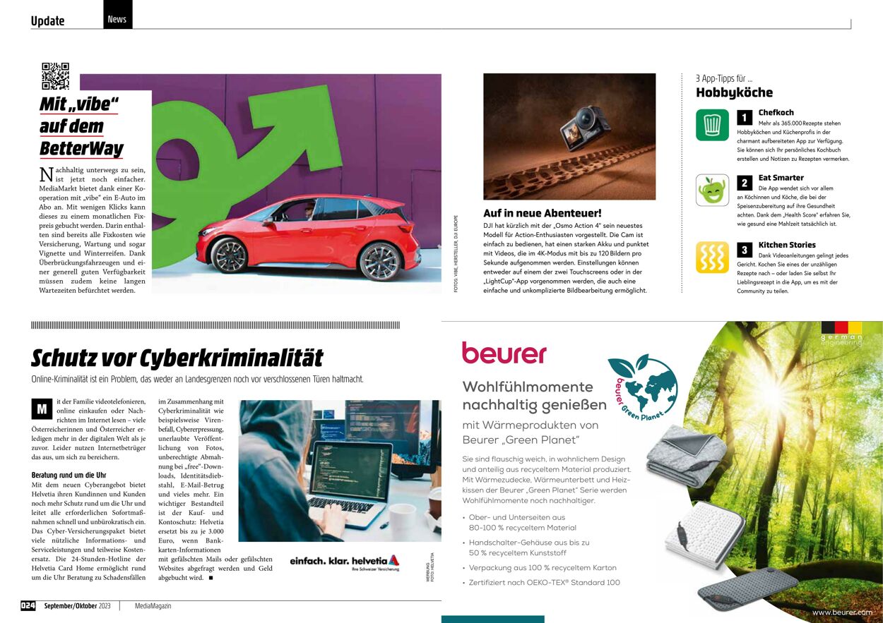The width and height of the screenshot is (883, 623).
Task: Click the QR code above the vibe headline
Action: click(x=55, y=75)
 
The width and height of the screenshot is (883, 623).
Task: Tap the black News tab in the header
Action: click(x=117, y=18)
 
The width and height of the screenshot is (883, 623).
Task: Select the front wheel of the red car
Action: click(x=230, y=255)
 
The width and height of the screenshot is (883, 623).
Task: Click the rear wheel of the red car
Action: click(x=379, y=262)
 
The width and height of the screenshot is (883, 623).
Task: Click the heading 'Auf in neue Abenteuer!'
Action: click(x=542, y=213)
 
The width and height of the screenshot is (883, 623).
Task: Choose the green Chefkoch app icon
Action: click(x=712, y=125)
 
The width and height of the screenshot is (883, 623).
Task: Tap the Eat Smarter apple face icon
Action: click(x=712, y=190)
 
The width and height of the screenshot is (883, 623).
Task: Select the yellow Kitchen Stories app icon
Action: click(x=712, y=257)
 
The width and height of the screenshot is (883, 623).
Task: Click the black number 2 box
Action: click(x=745, y=183)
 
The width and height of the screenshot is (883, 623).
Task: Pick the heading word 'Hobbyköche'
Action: click(x=734, y=92)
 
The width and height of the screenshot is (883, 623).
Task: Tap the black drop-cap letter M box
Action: click(x=42, y=409)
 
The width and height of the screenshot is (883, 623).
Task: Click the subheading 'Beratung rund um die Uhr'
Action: click(x=69, y=476)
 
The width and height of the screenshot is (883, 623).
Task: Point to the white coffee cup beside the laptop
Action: click(x=402, y=519)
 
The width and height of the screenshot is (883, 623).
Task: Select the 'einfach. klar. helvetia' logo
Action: click(x=344, y=562)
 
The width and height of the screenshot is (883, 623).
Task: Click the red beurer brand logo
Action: click(x=504, y=352)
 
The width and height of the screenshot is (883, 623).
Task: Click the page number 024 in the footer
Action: click(x=28, y=605)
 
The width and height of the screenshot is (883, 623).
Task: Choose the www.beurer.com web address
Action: click(x=841, y=612)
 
